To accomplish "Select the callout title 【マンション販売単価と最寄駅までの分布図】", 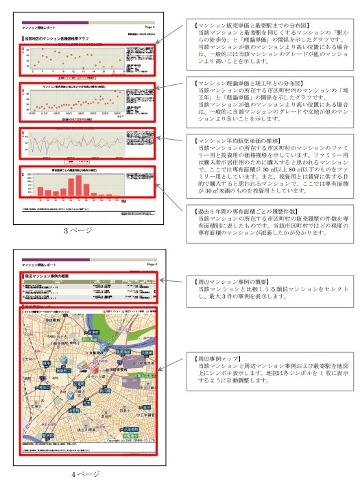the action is (x=237, y=25).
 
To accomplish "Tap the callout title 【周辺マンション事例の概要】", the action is (x=226, y=282).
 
